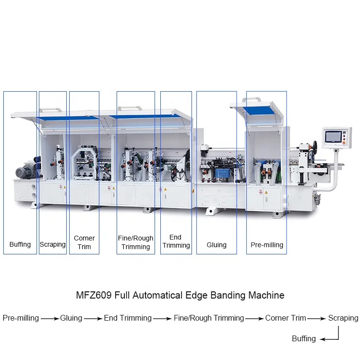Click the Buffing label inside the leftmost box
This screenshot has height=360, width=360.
point(20,244)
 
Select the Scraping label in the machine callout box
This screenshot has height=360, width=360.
point(53,244)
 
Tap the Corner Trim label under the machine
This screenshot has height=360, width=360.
point(84,242)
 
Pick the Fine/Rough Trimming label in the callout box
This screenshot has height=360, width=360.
point(136,242)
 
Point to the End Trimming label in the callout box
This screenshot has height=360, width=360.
point(176,241)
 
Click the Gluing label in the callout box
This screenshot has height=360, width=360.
point(216,245)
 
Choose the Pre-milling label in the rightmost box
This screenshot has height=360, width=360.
point(267,245)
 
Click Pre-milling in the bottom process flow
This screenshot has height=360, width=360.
point(21,318)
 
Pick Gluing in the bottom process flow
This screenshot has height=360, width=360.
point(71,318)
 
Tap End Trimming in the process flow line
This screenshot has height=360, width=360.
point(128,318)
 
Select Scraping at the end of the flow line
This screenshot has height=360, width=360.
point(343,318)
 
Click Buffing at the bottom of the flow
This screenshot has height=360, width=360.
point(304,339)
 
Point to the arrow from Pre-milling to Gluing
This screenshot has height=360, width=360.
point(49,318)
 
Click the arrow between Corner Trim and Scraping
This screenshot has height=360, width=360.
point(317,318)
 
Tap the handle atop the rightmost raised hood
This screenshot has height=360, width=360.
point(251,99)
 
